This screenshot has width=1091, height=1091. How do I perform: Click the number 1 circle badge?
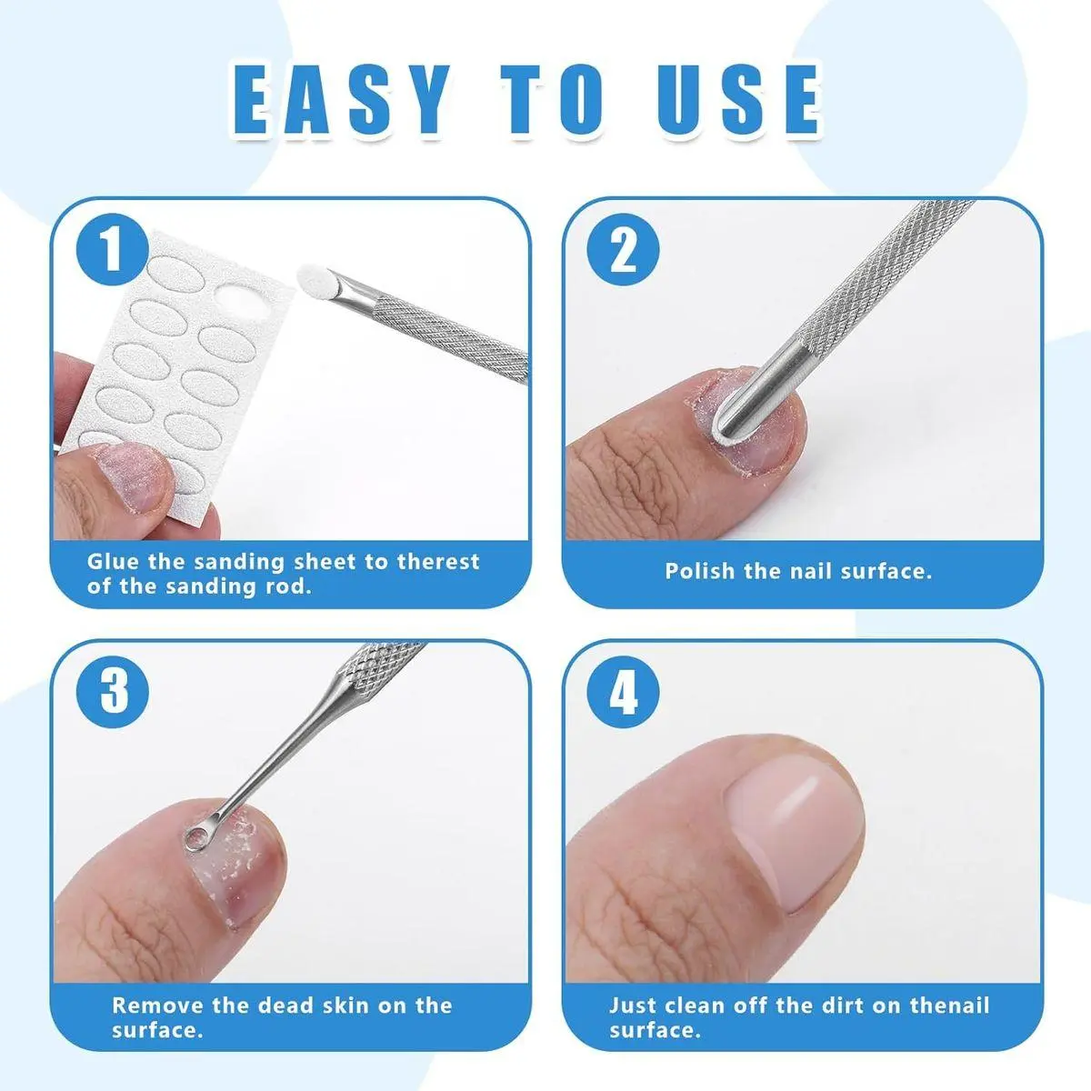point(112,250)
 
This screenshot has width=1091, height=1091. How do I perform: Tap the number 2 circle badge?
point(623,250)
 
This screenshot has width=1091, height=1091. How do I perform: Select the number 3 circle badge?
point(112,692)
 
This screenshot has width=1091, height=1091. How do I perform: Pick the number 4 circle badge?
point(623,692)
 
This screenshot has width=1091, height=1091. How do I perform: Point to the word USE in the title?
point(739,101)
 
